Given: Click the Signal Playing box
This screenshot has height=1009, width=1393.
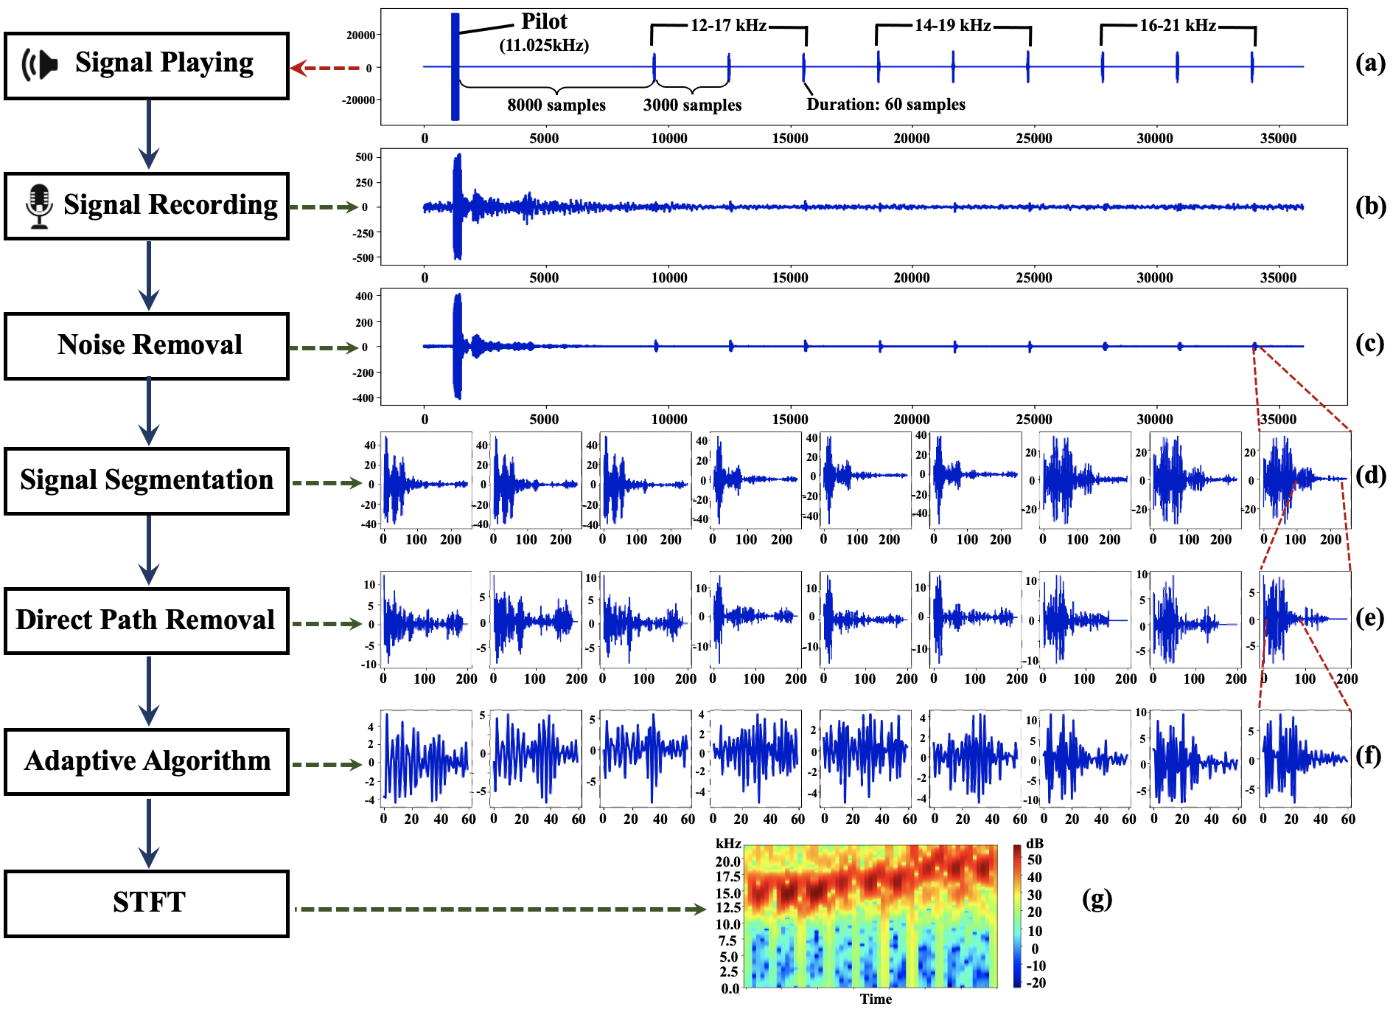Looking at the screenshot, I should (x=146, y=66).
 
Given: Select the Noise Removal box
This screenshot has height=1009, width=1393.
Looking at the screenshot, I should (x=146, y=346).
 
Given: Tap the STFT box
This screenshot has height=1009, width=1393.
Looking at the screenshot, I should (x=146, y=904).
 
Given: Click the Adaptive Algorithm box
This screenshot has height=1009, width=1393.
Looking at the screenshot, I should (x=146, y=762).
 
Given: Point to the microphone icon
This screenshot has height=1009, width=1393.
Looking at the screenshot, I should (x=39, y=207).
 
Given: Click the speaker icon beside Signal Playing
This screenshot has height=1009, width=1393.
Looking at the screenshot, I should (x=40, y=65).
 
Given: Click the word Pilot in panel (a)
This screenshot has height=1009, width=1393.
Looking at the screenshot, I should (x=544, y=21).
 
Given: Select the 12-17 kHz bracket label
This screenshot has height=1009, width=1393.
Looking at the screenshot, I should (x=728, y=26).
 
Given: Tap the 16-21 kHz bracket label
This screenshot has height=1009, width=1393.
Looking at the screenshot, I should (x=1177, y=26).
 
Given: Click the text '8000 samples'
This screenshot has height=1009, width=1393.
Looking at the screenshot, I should (x=556, y=105).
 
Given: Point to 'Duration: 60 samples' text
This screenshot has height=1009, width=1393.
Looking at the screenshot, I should (x=886, y=105).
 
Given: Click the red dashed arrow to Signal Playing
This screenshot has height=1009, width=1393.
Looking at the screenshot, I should (x=324, y=68).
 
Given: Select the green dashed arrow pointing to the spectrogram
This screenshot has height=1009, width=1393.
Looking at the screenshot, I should (x=501, y=909).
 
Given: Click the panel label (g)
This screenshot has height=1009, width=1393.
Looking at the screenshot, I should (x=1097, y=898).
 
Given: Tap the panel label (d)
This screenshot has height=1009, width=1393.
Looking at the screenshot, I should (x=1370, y=475).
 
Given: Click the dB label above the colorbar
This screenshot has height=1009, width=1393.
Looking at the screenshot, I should (x=1035, y=843).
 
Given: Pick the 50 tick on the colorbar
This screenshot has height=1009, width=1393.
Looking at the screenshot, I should (x=1035, y=860).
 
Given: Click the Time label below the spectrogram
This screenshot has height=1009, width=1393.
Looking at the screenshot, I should (x=876, y=999).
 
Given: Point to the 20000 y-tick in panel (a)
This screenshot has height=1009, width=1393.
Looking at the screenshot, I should (x=360, y=35).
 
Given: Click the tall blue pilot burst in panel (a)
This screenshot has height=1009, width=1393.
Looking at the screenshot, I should (x=455, y=66).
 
